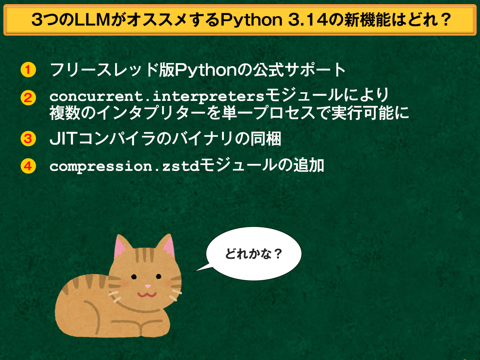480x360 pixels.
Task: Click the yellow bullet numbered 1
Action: pyautogui.click(x=28, y=70)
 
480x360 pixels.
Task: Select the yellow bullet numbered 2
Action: pyautogui.click(x=28, y=98)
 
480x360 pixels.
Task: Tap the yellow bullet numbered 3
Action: pyautogui.click(x=28, y=138)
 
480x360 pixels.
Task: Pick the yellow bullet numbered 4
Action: pyautogui.click(x=28, y=166)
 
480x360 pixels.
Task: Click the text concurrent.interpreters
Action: pyautogui.click(x=157, y=96)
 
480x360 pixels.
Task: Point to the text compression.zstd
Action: pyautogui.click(x=124, y=166)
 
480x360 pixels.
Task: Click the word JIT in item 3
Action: pyautogui.click(x=63, y=139)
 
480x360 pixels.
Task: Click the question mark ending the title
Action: pyautogui.click(x=446, y=20)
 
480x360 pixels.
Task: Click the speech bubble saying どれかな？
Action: pyautogui.click(x=253, y=254)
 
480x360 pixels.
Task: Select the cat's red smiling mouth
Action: pyautogui.click(x=147, y=294)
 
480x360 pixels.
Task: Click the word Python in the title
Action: pyautogui.click(x=251, y=20)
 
